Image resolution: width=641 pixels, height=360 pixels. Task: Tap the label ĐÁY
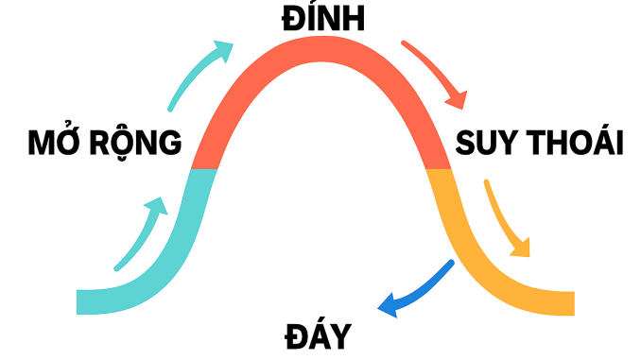tap(317, 335)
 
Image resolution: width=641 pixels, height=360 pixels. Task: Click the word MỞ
tap(58, 144)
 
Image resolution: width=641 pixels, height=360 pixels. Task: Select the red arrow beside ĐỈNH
tap(436, 72)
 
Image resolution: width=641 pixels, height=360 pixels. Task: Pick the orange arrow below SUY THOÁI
tap(505, 216)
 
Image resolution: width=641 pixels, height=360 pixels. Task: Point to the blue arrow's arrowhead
tap(387, 305)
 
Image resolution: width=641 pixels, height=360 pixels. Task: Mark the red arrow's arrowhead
tap(460, 98)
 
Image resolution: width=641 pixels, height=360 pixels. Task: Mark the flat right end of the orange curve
tap(570, 301)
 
